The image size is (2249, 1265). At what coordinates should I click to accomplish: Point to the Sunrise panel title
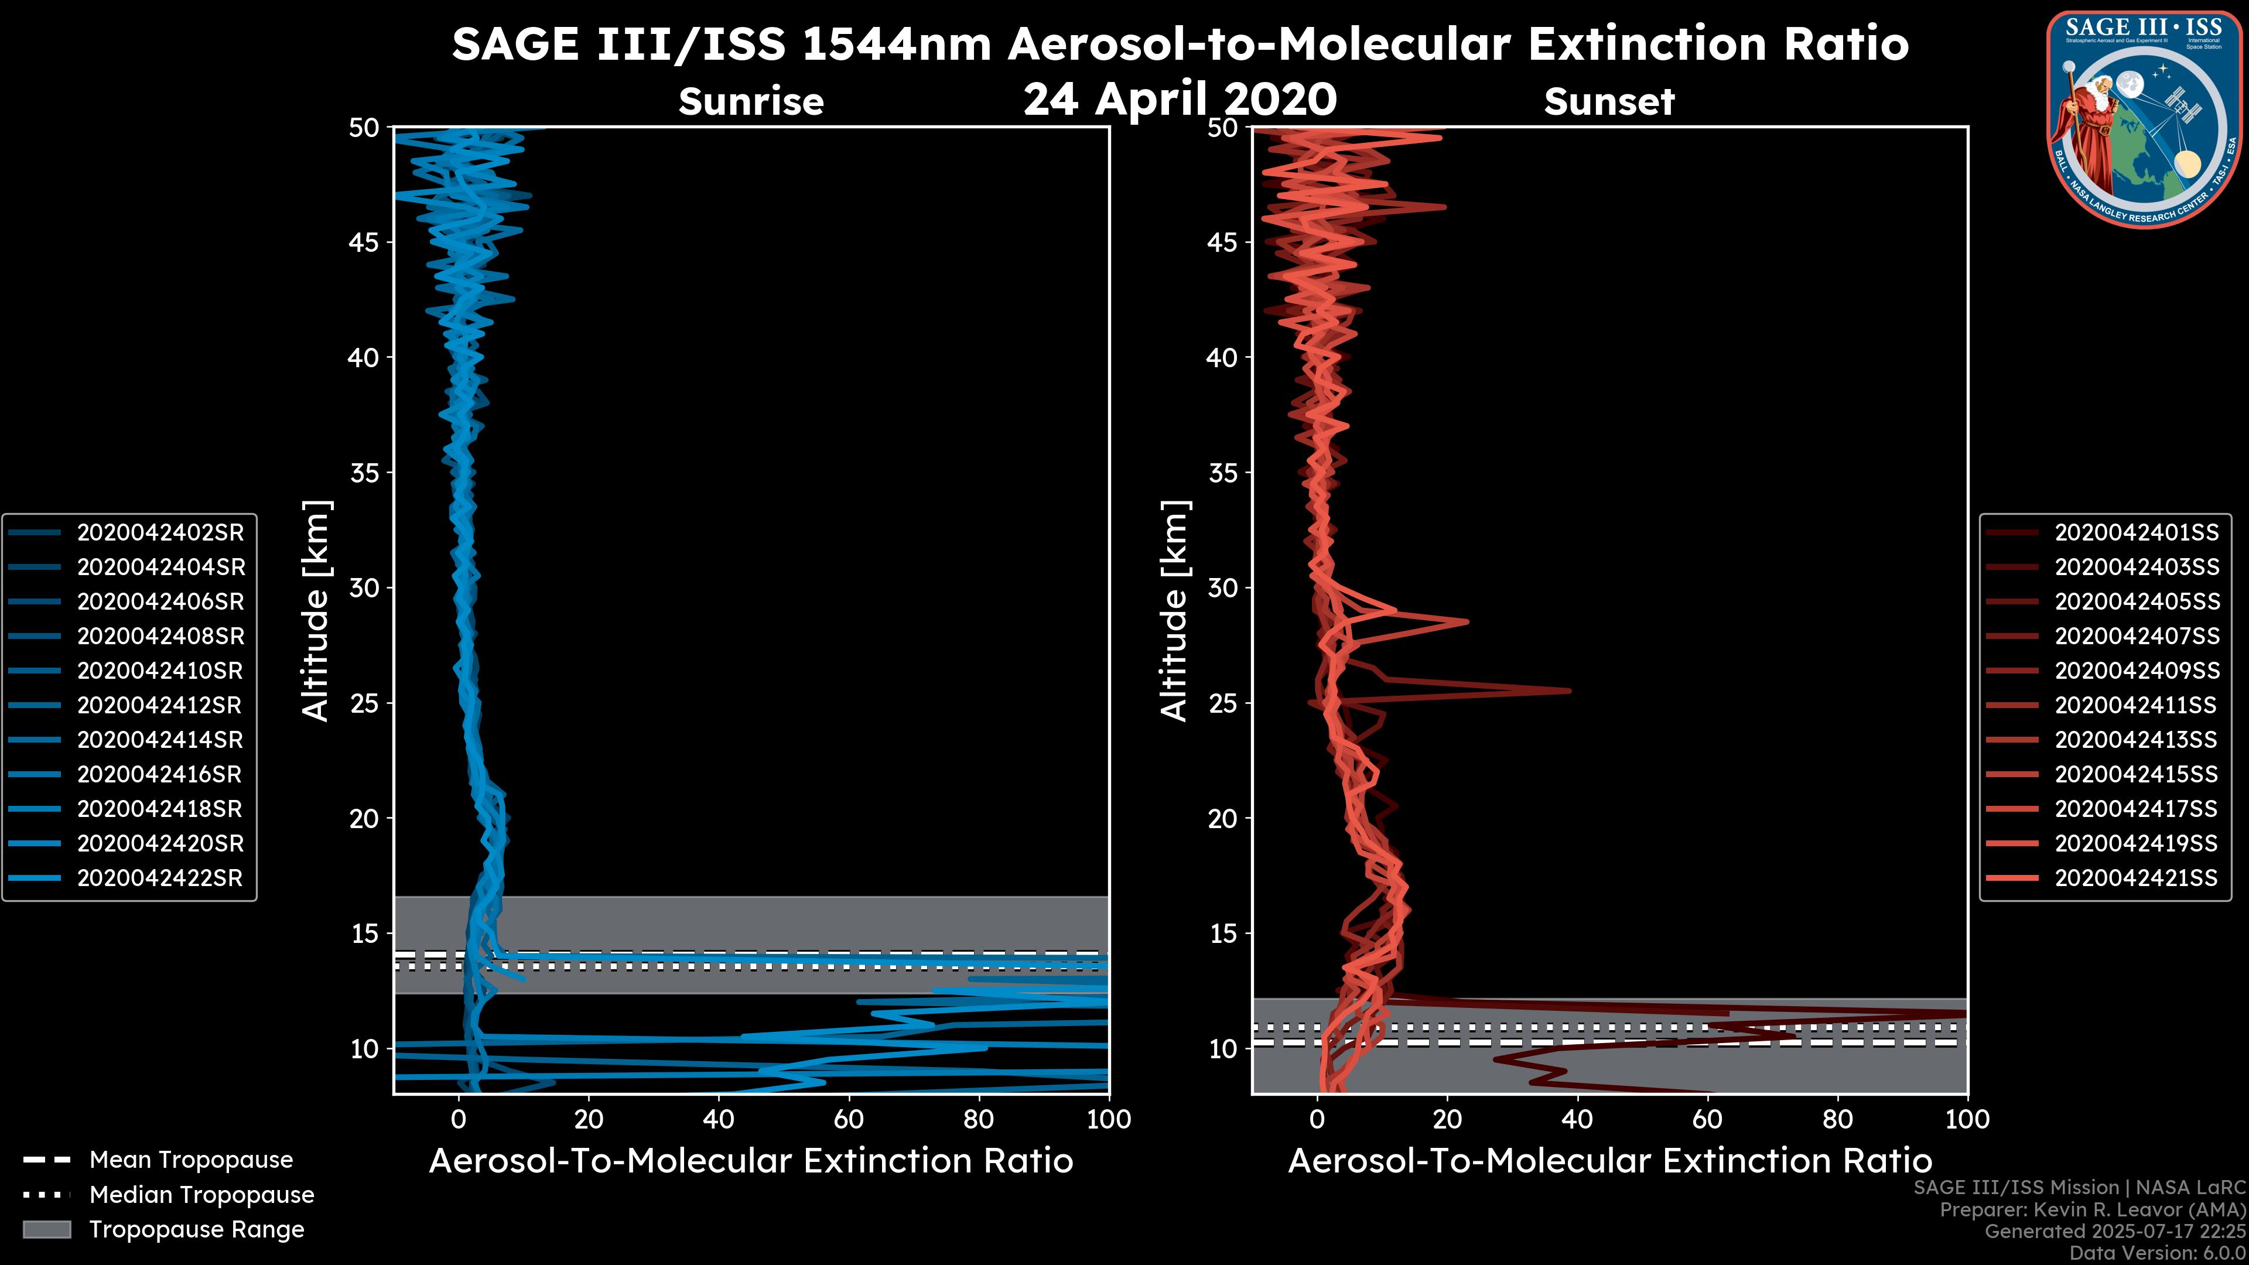click(x=751, y=102)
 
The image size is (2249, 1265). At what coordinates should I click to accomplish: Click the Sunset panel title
click(x=1609, y=102)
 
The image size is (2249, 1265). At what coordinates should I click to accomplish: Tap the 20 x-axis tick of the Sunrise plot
click(x=589, y=1119)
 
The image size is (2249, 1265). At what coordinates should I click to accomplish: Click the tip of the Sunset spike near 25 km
click(x=1570, y=690)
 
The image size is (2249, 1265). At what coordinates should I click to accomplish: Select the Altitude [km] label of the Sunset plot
click(x=1174, y=611)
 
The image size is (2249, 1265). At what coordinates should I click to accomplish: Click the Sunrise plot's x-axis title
click(x=751, y=1161)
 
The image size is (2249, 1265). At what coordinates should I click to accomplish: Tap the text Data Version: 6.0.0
click(x=2156, y=1253)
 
